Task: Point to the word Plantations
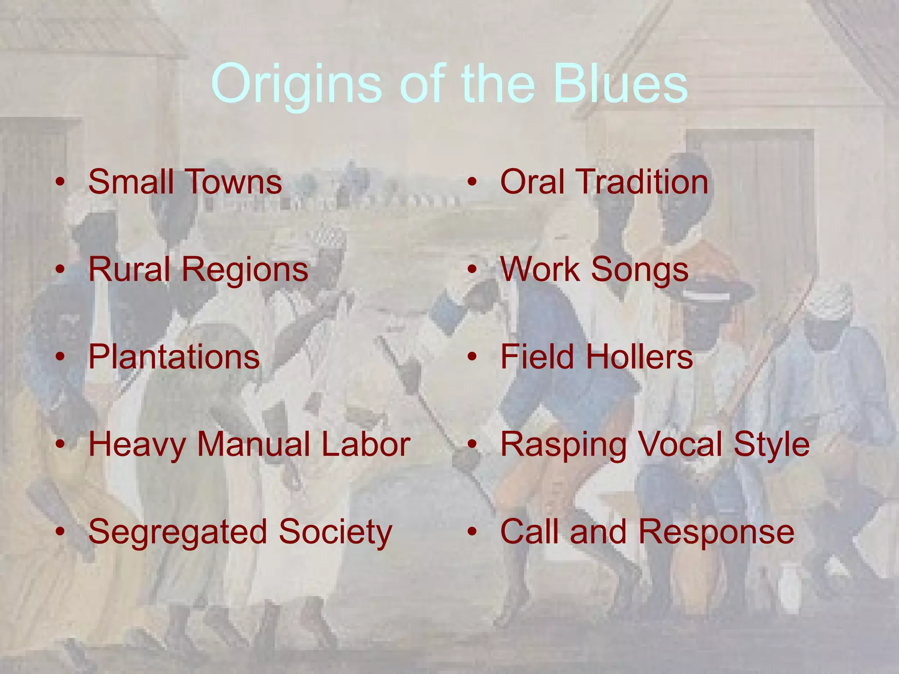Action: coord(174,356)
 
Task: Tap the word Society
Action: coord(335,532)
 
